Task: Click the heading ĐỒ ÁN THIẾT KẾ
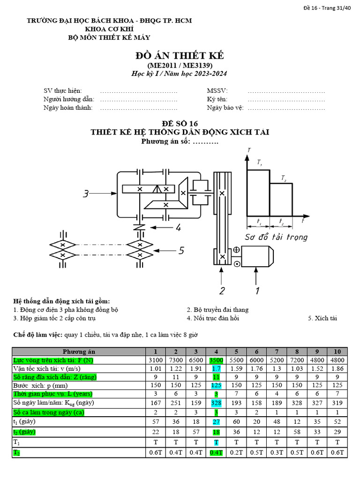[x=180, y=56]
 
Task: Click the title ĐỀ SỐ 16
[x=180, y=123]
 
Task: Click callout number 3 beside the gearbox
[x=86, y=193]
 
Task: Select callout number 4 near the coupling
[x=178, y=228]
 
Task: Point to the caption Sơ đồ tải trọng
[x=276, y=237]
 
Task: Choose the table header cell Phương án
[x=79, y=352]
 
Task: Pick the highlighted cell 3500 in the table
[x=217, y=360]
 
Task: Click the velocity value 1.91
[x=196, y=368]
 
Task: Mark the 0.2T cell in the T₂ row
[x=237, y=453]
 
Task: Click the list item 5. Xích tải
[x=322, y=318]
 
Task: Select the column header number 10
[x=337, y=352]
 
